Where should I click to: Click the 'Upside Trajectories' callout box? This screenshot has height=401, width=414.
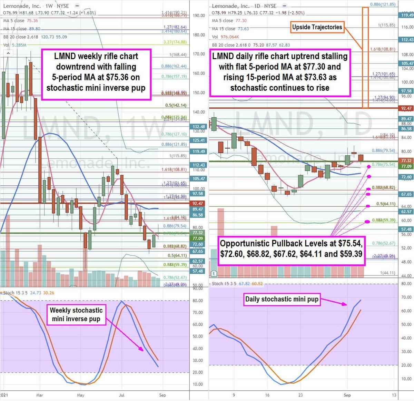pos(317,27)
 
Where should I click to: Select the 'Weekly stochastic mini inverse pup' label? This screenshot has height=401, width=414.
pos(76,314)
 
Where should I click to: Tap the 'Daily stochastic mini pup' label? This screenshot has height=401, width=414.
pos(282,299)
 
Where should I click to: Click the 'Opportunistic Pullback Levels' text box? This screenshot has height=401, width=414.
pos(291,249)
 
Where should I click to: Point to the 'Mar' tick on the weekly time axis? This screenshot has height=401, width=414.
pos(40,395)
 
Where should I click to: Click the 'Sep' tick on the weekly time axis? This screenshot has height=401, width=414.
pos(162,395)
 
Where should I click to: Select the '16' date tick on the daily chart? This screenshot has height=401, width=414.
pos(267,395)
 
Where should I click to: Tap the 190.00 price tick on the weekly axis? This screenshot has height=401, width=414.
pos(199,16)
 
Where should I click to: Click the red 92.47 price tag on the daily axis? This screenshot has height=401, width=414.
pos(406,108)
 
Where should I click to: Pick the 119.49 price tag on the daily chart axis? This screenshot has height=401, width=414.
pos(406,15)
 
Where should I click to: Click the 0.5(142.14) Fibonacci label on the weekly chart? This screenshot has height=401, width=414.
pos(176,105)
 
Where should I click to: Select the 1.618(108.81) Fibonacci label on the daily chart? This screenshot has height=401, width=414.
pos(383,49)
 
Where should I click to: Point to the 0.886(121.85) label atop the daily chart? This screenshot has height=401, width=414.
pos(383,4)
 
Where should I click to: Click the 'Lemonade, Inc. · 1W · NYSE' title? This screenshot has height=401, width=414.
pos(36,6)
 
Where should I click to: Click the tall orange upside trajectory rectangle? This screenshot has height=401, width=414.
pos(365,57)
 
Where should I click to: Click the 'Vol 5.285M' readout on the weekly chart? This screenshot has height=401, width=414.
pos(14,45)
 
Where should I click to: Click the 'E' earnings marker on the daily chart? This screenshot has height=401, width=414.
pos(214,273)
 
